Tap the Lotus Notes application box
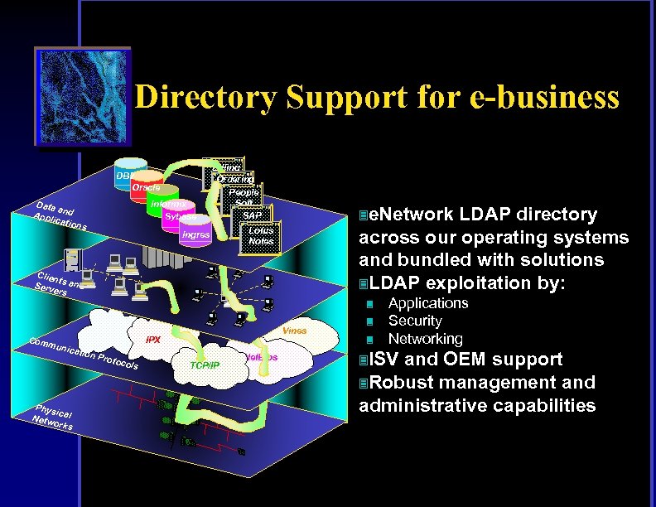(x=261, y=235)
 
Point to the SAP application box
(x=252, y=216)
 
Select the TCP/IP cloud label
(x=204, y=365)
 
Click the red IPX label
(x=153, y=340)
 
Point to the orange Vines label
(x=294, y=331)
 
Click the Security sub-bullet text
(x=415, y=321)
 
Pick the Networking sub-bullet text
(x=425, y=339)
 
